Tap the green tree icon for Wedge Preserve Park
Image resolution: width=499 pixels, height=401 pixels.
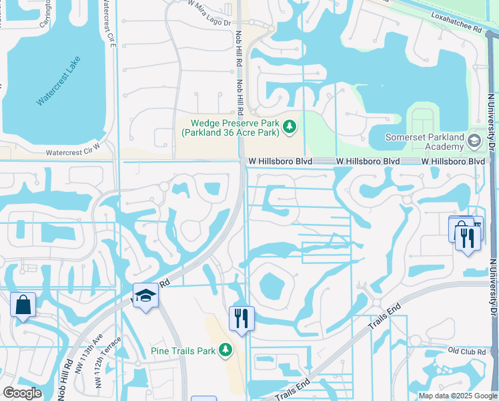point(290,126)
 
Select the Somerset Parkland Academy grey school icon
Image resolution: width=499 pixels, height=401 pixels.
point(474,141)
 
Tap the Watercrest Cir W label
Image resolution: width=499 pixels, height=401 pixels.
point(73,153)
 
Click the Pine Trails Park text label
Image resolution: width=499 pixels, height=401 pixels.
point(183,350)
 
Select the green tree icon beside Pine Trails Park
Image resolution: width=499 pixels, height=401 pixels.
point(225,350)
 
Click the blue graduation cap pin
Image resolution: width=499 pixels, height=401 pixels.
point(145,295)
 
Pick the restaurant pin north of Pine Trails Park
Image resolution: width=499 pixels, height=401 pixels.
point(241,317)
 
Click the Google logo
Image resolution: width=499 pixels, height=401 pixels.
point(22,393)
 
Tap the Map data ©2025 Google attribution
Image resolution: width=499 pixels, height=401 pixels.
point(457,396)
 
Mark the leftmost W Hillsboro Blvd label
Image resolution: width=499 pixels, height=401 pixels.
point(271,162)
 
